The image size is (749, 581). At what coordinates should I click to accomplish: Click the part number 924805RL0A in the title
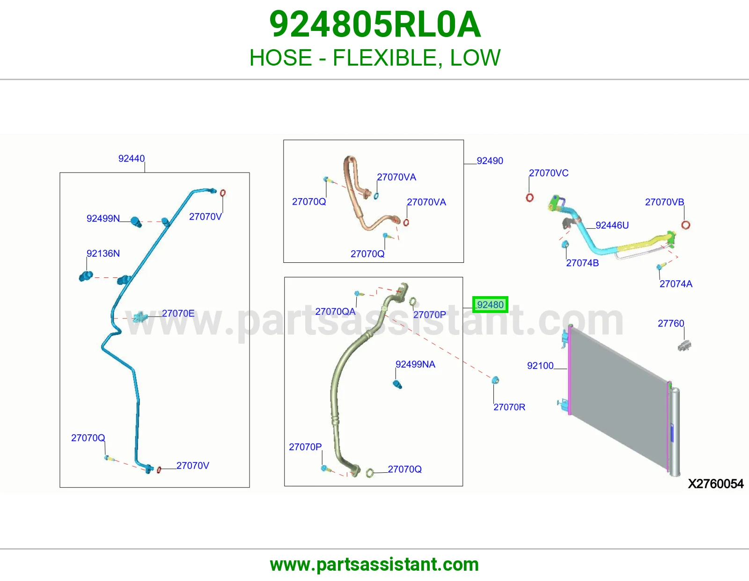[374, 24]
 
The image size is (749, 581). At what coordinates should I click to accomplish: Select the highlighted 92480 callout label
[490, 305]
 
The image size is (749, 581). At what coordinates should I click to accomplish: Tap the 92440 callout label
[132, 158]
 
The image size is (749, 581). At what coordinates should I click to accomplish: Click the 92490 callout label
[490, 160]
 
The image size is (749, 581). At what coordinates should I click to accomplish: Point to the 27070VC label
[549, 173]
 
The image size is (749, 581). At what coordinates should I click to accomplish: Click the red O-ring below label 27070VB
[686, 225]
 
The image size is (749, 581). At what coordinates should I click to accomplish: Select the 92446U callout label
[612, 225]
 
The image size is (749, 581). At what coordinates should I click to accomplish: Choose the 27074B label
[582, 263]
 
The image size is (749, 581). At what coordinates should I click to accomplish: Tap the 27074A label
[676, 283]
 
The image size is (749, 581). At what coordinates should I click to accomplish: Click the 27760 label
[671, 323]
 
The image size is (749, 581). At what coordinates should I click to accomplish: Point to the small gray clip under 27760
[684, 345]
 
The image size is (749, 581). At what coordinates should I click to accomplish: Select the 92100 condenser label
[540, 365]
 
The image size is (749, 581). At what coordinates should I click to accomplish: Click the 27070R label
[509, 407]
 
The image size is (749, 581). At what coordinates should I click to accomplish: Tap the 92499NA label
[415, 364]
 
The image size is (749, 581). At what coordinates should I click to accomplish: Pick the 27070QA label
[335, 312]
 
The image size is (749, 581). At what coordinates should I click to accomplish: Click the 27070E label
[178, 313]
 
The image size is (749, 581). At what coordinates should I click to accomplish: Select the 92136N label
[103, 253]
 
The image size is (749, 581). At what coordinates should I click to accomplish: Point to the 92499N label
[103, 218]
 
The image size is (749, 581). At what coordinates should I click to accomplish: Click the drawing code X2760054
[716, 484]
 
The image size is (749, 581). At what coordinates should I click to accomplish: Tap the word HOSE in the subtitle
[280, 57]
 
